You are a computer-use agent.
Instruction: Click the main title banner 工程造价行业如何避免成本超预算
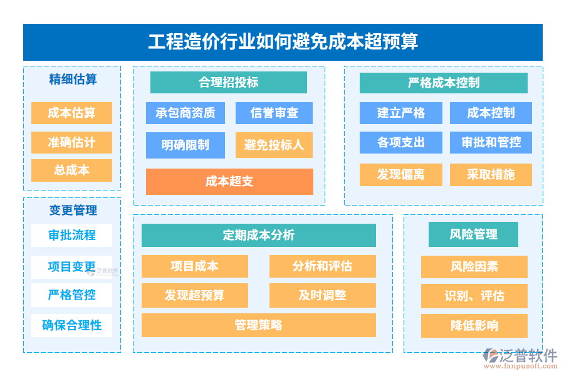pyautogui.click(x=283, y=42)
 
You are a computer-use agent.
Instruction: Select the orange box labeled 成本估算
pyautogui.click(x=71, y=113)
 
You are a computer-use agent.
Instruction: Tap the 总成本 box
pyautogui.click(x=71, y=170)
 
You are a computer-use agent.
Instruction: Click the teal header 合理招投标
pyautogui.click(x=228, y=82)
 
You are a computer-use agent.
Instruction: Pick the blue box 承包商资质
pyautogui.click(x=185, y=113)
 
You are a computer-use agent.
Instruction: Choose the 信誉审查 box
pyautogui.click(x=274, y=113)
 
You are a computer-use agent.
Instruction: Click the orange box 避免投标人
pyautogui.click(x=274, y=145)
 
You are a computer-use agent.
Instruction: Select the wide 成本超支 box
pyautogui.click(x=229, y=182)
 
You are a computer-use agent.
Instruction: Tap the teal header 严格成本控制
pyautogui.click(x=444, y=83)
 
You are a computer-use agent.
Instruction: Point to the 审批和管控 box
pyautogui.click(x=491, y=142)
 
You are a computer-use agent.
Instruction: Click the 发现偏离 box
pyautogui.click(x=400, y=175)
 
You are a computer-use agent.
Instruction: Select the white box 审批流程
pyautogui.click(x=71, y=236)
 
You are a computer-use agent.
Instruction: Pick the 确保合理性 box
pyautogui.click(x=71, y=325)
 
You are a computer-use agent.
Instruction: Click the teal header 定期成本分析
pyautogui.click(x=259, y=236)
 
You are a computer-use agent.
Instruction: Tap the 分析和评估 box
pyautogui.click(x=323, y=266)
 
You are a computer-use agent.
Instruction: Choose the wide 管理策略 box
pyautogui.click(x=259, y=325)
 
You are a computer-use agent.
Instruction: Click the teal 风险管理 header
pyautogui.click(x=473, y=234)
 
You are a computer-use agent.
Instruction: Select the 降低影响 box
pyautogui.click(x=474, y=326)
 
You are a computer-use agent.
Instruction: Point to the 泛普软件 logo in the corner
pyautogui.click(x=521, y=358)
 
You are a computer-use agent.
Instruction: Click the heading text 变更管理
pyautogui.click(x=73, y=211)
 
